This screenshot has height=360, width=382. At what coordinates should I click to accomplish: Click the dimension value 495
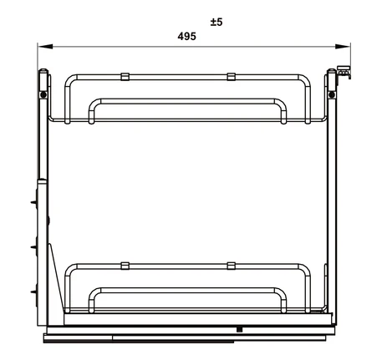[x=186, y=37]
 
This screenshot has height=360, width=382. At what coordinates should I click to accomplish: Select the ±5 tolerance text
[x=216, y=22]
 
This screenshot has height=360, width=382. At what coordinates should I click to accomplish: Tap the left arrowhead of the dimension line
[x=45, y=47]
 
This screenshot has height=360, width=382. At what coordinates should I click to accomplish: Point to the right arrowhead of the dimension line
[x=343, y=47]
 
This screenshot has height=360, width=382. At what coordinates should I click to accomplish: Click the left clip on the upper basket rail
[x=125, y=77]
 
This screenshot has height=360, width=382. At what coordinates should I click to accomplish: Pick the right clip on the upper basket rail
[x=231, y=77]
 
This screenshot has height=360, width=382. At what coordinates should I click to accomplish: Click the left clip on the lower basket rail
[x=125, y=266]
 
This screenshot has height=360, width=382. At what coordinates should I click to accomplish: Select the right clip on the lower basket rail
[x=231, y=266]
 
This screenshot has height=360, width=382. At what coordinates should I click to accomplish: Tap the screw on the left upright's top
[x=43, y=94]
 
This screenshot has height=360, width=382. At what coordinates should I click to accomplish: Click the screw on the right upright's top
[x=332, y=94]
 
